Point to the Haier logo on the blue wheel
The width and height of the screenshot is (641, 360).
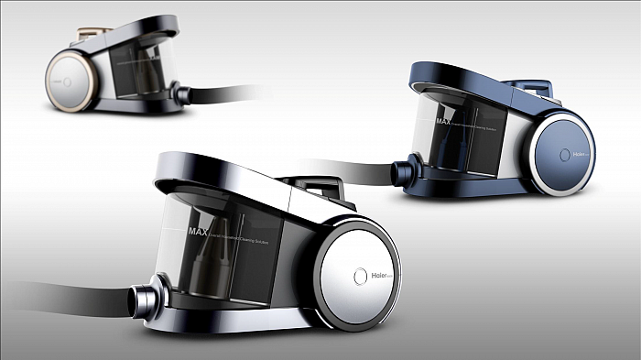point(579,154)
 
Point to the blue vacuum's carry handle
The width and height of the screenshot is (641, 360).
point(540,86)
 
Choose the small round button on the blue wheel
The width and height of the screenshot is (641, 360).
point(562,154)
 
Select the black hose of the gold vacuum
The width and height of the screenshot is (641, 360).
point(229,92)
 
